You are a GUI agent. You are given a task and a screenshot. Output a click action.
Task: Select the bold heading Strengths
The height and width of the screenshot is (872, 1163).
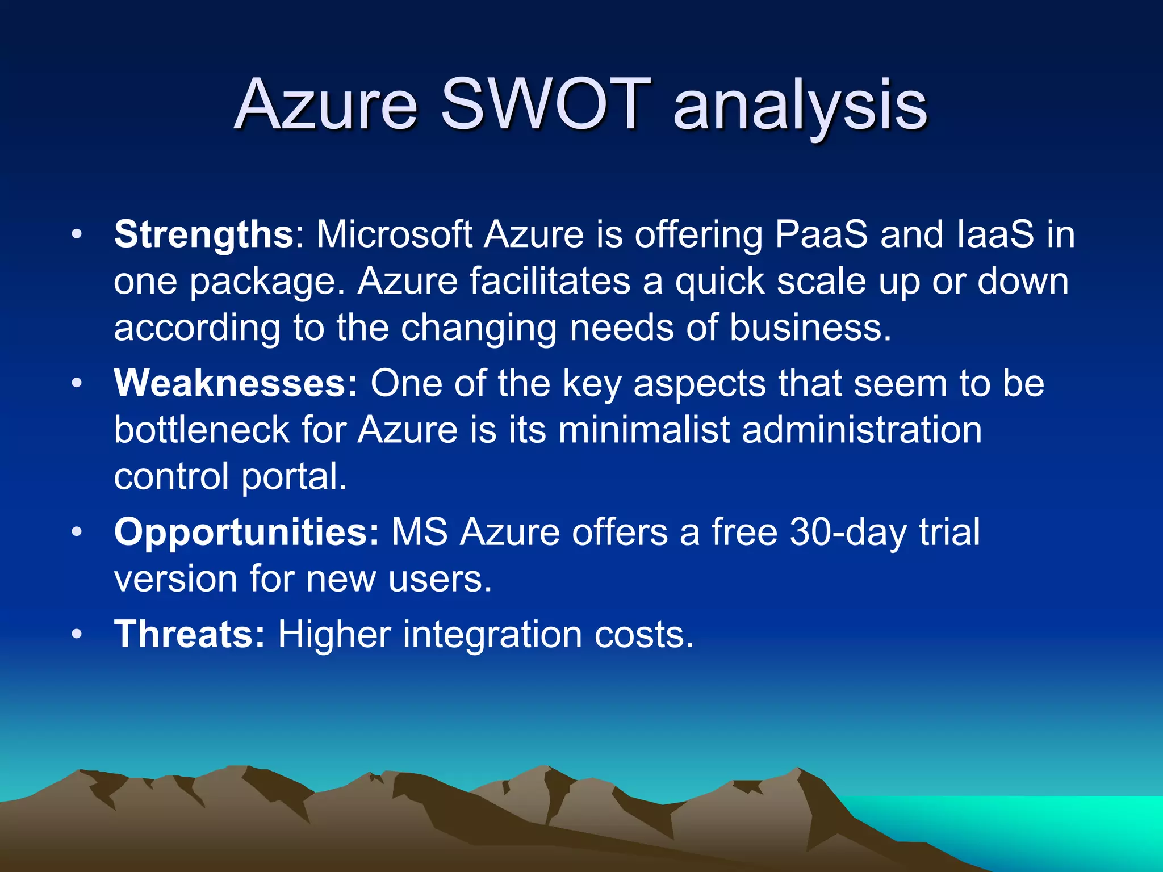click(x=203, y=234)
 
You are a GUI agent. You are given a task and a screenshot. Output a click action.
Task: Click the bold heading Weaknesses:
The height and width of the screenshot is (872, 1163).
click(x=236, y=383)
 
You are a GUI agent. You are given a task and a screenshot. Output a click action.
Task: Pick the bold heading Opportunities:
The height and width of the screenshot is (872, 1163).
click(x=246, y=532)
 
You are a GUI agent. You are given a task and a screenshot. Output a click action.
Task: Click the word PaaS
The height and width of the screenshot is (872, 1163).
click(x=821, y=234)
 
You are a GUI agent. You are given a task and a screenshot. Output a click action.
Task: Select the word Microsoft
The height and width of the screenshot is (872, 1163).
click(x=394, y=234)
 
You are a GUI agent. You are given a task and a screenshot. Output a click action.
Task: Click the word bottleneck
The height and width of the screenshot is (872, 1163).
click(x=202, y=430)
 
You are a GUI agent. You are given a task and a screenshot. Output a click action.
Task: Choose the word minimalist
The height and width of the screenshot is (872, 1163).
click(x=643, y=430)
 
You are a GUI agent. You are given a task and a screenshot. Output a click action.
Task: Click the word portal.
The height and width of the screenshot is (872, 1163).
click(x=294, y=477)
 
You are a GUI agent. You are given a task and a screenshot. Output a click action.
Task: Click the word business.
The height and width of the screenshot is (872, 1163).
click(x=810, y=328)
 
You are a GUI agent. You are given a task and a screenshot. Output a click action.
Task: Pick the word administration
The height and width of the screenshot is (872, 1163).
click(x=861, y=430)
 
